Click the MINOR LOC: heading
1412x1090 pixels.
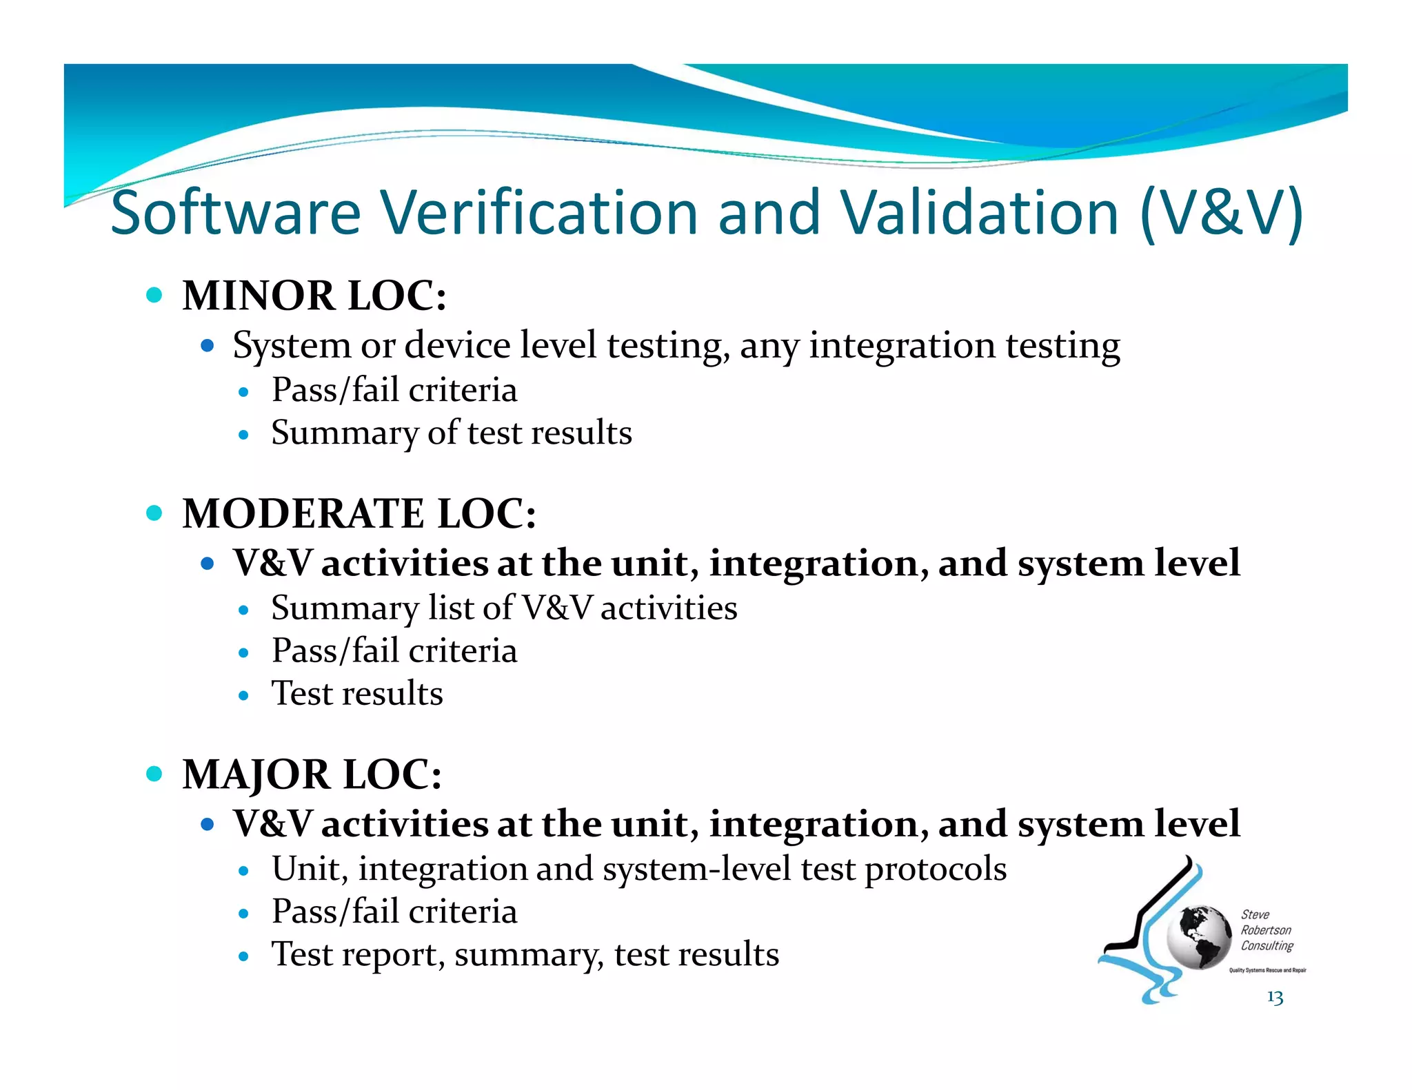point(314,296)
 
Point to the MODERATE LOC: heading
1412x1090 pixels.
point(359,513)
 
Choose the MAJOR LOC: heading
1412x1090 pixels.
point(312,774)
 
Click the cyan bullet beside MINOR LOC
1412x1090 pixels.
point(154,296)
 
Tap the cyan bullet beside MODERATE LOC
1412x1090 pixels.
point(154,513)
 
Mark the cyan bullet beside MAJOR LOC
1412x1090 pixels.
point(154,774)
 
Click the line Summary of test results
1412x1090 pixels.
point(452,433)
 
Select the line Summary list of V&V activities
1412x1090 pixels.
point(504,608)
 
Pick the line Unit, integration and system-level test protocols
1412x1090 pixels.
point(638,869)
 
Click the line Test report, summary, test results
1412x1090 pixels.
point(525,955)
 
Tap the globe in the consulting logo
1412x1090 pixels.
point(1199,938)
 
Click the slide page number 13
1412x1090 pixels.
point(1275,997)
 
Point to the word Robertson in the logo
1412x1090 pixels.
point(1266,930)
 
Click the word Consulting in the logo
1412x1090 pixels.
point(1267,946)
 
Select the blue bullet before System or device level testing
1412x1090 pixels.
point(208,345)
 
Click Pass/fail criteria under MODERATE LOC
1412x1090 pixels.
point(394,651)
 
